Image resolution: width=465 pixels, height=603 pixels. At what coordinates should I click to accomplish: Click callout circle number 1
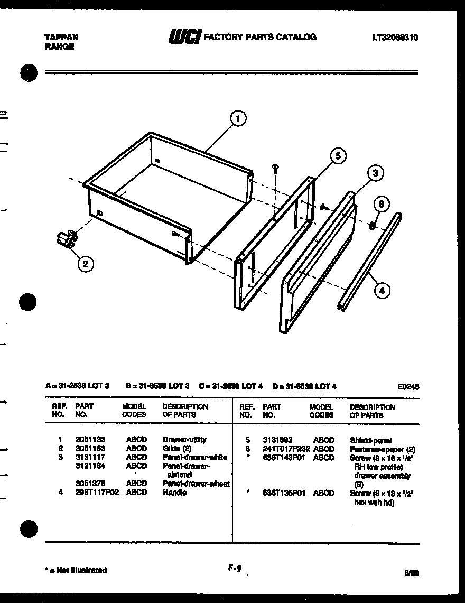tap(239, 119)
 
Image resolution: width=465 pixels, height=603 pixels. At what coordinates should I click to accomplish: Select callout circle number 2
tap(85, 264)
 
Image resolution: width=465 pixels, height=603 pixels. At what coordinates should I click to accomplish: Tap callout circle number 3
tap(374, 173)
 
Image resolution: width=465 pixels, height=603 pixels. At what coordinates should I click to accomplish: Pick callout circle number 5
tap(338, 155)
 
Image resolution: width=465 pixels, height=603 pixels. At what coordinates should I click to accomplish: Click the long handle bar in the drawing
tap(369, 259)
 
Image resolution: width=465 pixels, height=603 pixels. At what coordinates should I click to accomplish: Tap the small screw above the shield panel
tap(275, 169)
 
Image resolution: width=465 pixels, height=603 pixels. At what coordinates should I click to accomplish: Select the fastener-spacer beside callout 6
tap(371, 226)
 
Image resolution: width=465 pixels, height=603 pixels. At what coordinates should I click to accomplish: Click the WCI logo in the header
tap(183, 37)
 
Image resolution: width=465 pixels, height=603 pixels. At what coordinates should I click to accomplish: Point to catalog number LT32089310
tap(395, 38)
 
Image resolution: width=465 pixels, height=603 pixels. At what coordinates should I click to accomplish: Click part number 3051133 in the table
tap(90, 440)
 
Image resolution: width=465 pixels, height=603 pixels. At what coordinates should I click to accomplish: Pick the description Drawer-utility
tap(184, 440)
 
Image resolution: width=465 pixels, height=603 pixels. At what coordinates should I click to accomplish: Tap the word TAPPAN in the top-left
tap(61, 37)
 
